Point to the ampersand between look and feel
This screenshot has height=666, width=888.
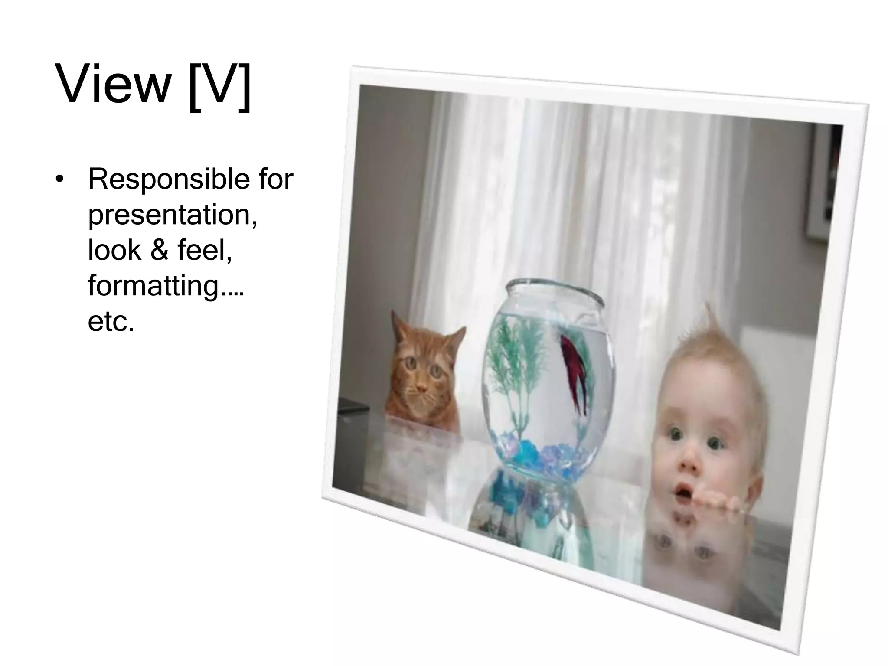pyautogui.click(x=159, y=250)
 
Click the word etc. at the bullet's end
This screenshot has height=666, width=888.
pyautogui.click(x=111, y=322)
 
